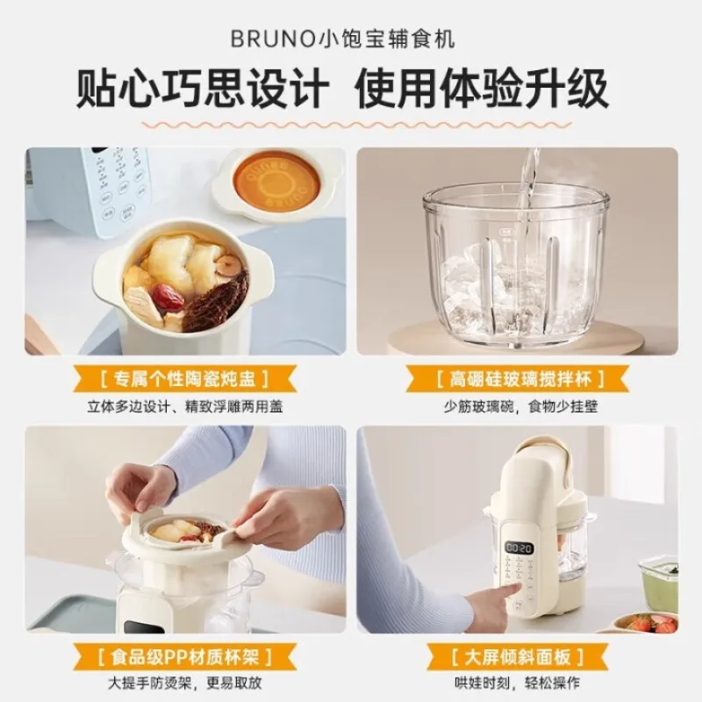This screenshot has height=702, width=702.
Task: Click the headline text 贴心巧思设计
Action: click(x=204, y=90)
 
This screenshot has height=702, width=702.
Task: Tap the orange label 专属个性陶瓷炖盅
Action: click(x=185, y=379)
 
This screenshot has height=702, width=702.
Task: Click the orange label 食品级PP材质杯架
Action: click(x=185, y=655)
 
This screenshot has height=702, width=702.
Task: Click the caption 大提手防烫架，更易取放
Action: click(x=185, y=683)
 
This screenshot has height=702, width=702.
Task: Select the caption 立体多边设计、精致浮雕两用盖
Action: click(x=185, y=407)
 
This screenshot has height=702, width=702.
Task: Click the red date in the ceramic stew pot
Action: click(x=167, y=297)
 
